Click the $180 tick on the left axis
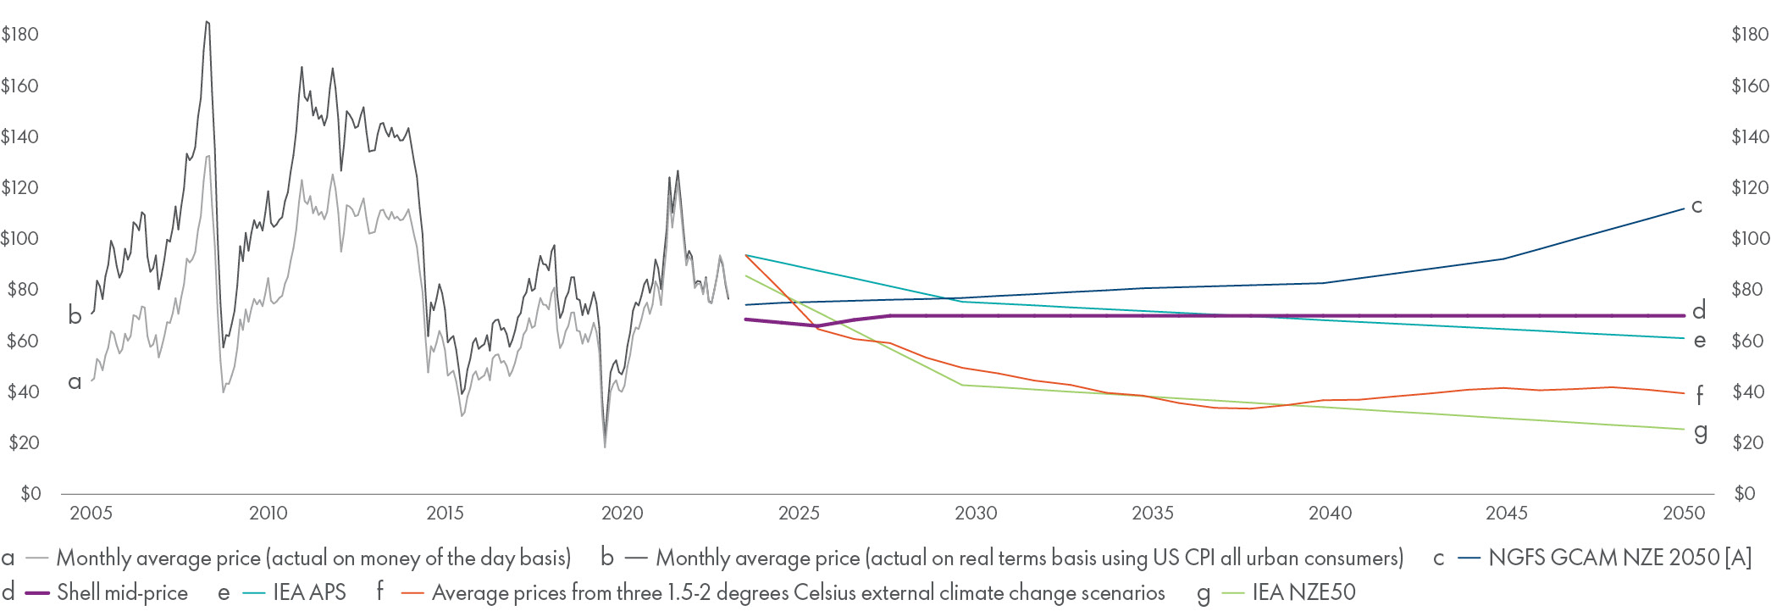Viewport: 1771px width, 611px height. pyautogui.click(x=20, y=35)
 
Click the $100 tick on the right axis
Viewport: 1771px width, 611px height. pyautogui.click(x=1750, y=239)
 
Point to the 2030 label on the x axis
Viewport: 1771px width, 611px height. pyautogui.click(x=976, y=513)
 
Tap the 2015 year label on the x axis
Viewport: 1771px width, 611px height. pyautogui.click(x=445, y=513)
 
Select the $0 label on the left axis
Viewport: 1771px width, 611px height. pyautogui.click(x=30, y=494)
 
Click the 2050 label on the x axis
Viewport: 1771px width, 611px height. pyautogui.click(x=1684, y=513)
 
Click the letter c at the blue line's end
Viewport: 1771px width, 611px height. pyautogui.click(x=1696, y=206)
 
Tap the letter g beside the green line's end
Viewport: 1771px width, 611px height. pyautogui.click(x=1700, y=432)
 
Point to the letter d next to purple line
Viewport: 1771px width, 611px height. pyautogui.click(x=1698, y=311)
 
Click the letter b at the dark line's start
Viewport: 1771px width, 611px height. pyautogui.click(x=75, y=316)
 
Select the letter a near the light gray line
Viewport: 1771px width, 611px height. pyautogui.click(x=75, y=382)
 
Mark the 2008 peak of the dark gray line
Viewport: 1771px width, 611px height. pyautogui.click(x=208, y=23)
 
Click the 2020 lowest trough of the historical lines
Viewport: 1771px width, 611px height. pyautogui.click(x=605, y=446)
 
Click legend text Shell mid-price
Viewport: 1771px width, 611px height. pyautogui.click(x=122, y=592)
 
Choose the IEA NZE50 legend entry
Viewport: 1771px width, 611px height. pyautogui.click(x=1303, y=592)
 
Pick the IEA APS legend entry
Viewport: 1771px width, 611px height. pyautogui.click(x=309, y=592)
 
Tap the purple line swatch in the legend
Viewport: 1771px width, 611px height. pyautogui.click(x=38, y=593)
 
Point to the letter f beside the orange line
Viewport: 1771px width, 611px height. pyautogui.click(x=1699, y=395)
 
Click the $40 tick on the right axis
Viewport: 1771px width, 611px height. pyautogui.click(x=1750, y=392)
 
